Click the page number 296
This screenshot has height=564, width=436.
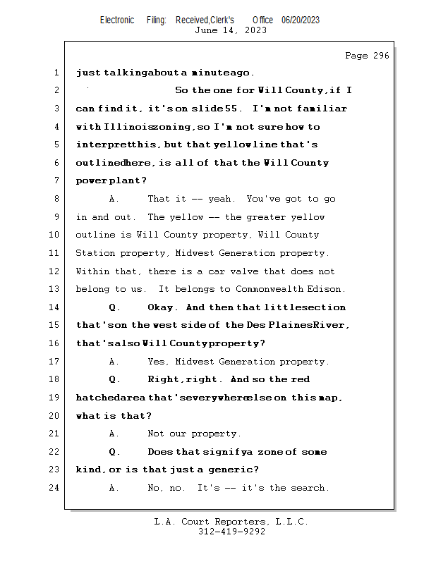(x=381, y=56)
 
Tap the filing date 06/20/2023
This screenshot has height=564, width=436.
(x=301, y=20)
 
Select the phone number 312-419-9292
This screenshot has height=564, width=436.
(x=231, y=532)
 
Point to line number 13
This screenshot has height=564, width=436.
(x=56, y=290)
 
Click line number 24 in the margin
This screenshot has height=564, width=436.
(x=56, y=488)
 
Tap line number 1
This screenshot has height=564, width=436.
(x=56, y=73)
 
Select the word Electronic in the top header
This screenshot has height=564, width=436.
(x=117, y=20)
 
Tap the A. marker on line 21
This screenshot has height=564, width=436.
(x=114, y=434)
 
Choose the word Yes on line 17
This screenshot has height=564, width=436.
(x=157, y=362)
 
